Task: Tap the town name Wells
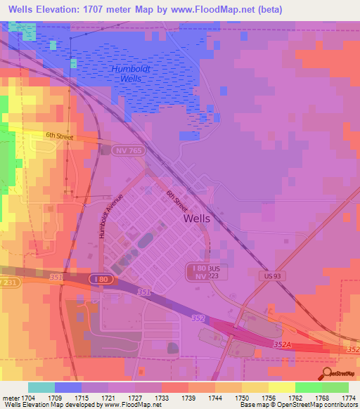[197, 218]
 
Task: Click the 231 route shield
[7, 282]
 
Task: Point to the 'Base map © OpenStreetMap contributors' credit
[298, 405]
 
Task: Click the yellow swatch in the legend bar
[282, 387]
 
